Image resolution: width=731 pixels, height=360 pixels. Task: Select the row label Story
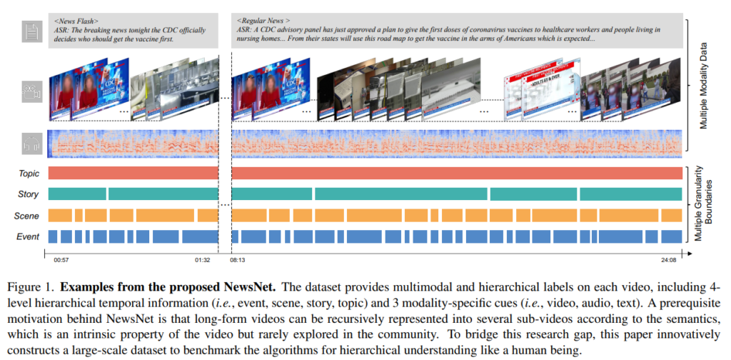click(28, 194)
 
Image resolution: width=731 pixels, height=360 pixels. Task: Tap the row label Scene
click(28, 216)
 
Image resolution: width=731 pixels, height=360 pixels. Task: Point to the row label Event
click(28, 236)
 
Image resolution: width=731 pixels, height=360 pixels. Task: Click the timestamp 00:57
click(61, 260)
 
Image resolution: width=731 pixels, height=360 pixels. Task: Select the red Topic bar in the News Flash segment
click(133, 174)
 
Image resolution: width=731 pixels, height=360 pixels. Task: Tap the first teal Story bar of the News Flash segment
click(77, 194)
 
